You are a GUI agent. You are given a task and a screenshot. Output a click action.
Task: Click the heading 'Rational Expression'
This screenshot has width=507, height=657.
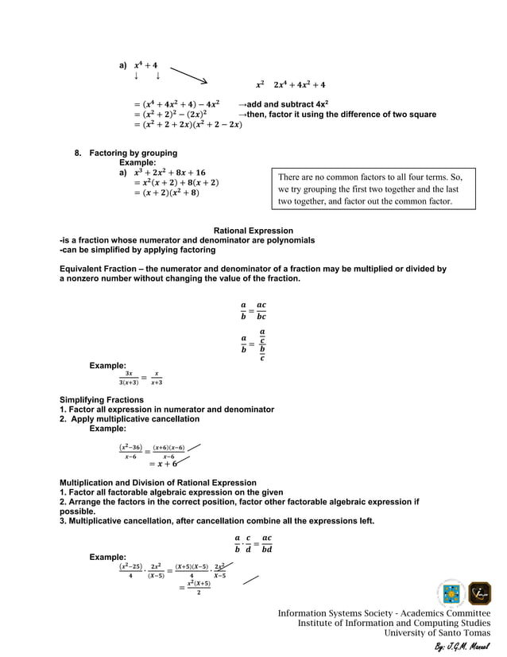(x=253, y=231)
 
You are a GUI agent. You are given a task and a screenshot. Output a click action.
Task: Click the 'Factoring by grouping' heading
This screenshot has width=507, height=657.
(x=133, y=153)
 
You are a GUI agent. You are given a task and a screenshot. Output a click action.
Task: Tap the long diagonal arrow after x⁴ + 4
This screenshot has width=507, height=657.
(x=188, y=75)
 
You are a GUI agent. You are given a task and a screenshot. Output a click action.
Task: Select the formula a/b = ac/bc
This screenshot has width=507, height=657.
(x=253, y=311)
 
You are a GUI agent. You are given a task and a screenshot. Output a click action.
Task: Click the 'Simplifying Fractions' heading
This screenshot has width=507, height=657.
(x=102, y=399)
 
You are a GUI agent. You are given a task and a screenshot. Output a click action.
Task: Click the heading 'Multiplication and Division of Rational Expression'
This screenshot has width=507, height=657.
(x=158, y=483)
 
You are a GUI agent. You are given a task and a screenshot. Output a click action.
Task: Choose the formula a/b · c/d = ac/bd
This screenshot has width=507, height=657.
(x=253, y=543)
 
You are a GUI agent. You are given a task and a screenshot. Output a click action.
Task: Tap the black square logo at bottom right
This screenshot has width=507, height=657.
(x=479, y=593)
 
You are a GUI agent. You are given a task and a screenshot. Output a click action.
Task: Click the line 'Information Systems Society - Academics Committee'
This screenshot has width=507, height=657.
(x=384, y=613)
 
